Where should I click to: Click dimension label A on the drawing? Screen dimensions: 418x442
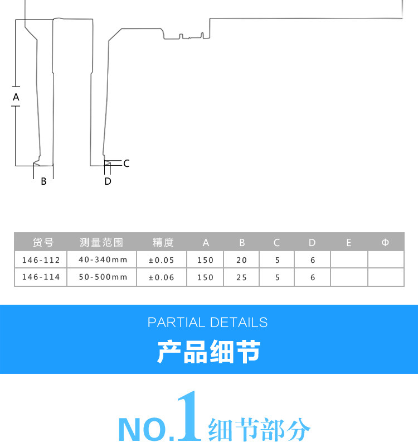tap(16, 97)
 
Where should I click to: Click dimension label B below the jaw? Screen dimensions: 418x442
tap(43, 181)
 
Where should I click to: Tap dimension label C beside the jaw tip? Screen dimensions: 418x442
tap(127, 164)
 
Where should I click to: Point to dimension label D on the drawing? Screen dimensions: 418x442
tap(108, 181)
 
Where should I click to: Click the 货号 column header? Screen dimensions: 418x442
tap(43, 242)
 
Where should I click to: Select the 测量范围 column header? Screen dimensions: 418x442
tap(101, 242)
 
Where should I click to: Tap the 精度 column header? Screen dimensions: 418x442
tap(163, 242)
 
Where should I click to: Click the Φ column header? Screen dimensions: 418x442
tap(385, 242)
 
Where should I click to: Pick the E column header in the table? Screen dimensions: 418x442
tap(349, 242)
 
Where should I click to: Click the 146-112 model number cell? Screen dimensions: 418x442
tap(41, 260)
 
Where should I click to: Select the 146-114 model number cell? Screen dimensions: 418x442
tap(41, 277)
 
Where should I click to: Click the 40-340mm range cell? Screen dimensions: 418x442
tap(103, 260)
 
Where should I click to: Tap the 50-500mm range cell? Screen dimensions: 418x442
tap(103, 277)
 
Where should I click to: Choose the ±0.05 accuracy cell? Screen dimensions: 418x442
tap(162, 260)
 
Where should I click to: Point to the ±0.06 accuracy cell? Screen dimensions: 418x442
tap(162, 277)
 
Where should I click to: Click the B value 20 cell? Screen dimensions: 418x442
tap(241, 260)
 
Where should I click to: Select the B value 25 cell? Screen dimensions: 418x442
tap(241, 277)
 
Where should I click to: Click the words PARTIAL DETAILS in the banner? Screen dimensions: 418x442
tap(208, 323)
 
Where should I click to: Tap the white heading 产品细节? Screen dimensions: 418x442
tap(208, 352)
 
